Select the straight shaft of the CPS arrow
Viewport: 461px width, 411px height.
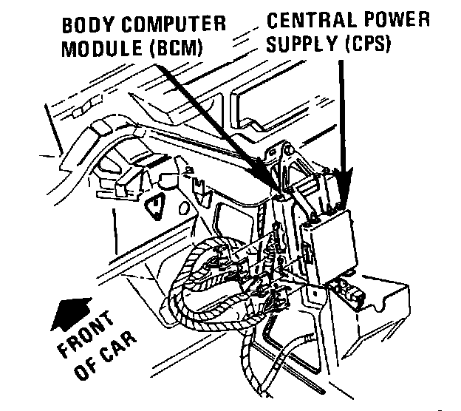[x=341, y=111]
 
